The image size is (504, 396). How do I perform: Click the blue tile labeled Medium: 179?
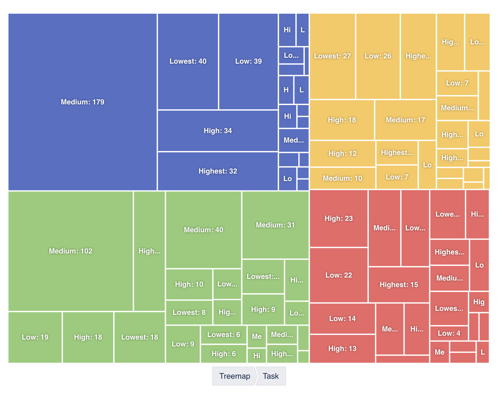(82, 102)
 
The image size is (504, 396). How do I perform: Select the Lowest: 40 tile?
(188, 61)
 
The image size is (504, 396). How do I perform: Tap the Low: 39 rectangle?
(248, 61)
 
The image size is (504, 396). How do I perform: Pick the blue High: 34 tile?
(217, 131)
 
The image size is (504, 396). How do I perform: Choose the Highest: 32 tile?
(217, 171)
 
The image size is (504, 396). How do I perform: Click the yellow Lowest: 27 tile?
(332, 56)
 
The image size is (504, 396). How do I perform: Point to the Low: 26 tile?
(378, 56)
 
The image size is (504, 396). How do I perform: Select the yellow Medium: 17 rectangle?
(405, 120)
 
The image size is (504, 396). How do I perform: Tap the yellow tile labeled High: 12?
(342, 154)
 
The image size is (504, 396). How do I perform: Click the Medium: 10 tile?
(342, 178)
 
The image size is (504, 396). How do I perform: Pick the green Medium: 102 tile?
(70, 251)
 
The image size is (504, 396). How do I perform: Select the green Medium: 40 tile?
(203, 230)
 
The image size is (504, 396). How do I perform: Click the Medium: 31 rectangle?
(275, 225)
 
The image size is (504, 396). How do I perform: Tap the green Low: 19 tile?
(35, 337)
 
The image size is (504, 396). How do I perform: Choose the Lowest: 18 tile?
(140, 337)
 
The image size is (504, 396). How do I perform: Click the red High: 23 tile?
(338, 219)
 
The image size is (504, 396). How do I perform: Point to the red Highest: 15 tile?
(399, 285)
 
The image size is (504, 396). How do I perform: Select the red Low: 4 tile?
(449, 333)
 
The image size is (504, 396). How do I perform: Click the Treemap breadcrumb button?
(234, 376)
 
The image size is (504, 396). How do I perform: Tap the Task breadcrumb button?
(271, 376)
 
